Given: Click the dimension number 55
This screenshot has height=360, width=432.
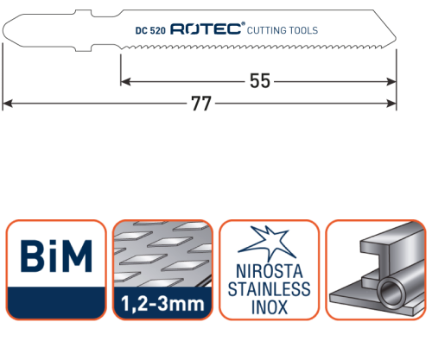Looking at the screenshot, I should point(259,81).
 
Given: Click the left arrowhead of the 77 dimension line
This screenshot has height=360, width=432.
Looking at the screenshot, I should point(7,104).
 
